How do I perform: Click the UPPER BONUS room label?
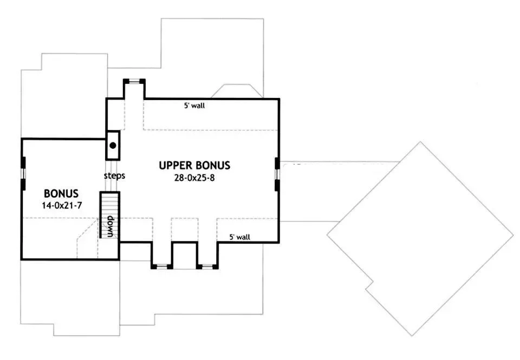[194, 166]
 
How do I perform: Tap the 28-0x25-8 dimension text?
[194, 178]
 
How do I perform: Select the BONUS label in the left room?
[61, 193]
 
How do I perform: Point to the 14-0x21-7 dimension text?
[62, 206]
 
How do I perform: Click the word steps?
[114, 175]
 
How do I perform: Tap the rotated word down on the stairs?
[110, 226]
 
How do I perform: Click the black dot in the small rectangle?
[113, 145]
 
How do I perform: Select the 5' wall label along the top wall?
[194, 106]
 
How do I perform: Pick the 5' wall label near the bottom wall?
[240, 237]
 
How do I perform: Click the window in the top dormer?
[134, 81]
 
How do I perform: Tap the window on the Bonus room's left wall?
[23, 174]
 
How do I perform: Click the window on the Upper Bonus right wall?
[277, 174]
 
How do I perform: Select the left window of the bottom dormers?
[162, 266]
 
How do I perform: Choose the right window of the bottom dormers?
[207, 266]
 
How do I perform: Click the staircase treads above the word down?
[110, 204]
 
